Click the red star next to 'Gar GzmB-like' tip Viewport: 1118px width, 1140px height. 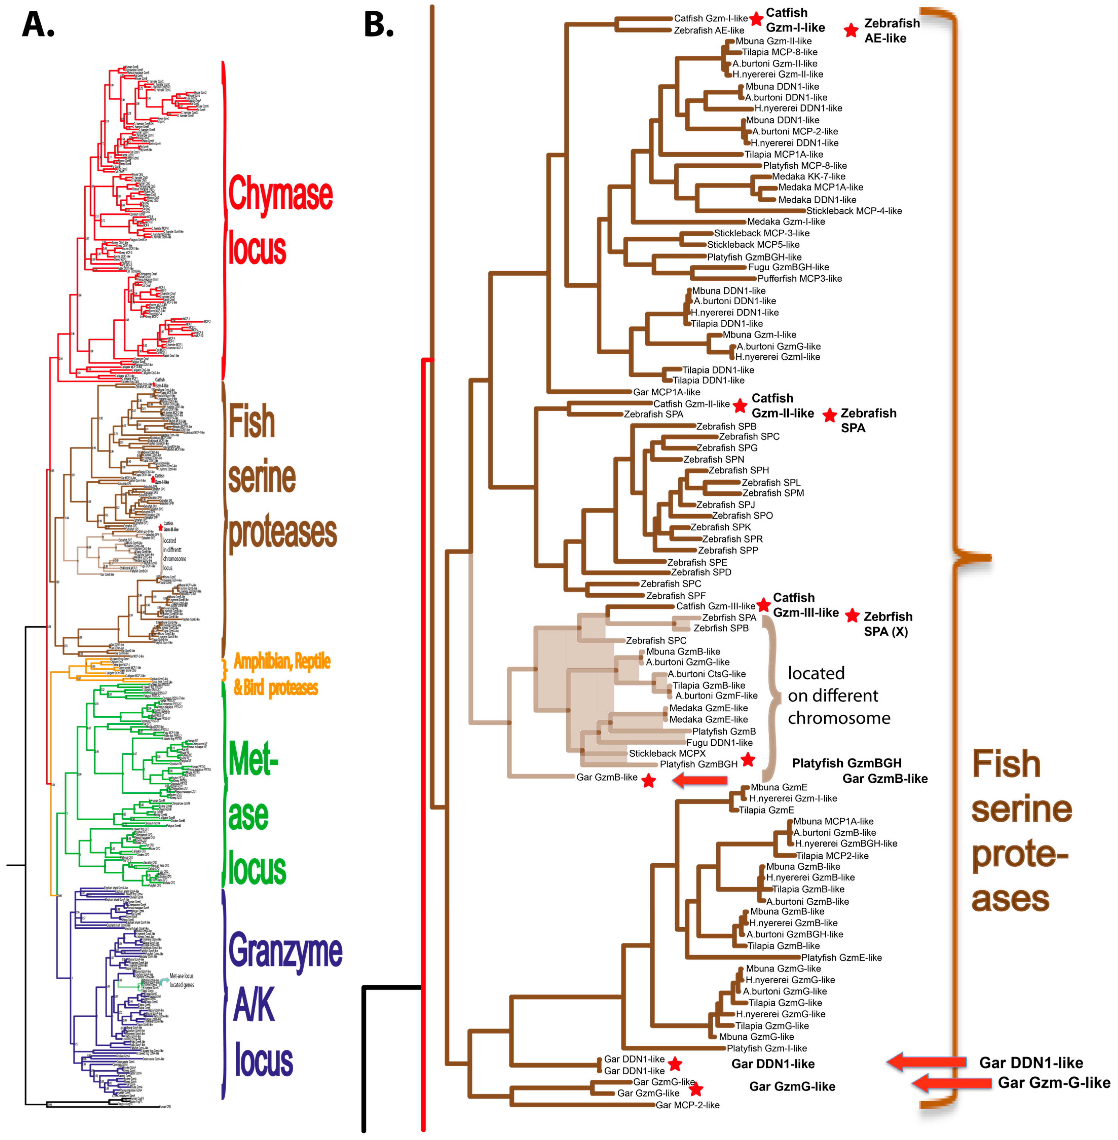[x=648, y=781]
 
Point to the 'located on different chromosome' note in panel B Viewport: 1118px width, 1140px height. [x=839, y=695]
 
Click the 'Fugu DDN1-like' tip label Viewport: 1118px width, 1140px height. [x=719, y=742]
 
